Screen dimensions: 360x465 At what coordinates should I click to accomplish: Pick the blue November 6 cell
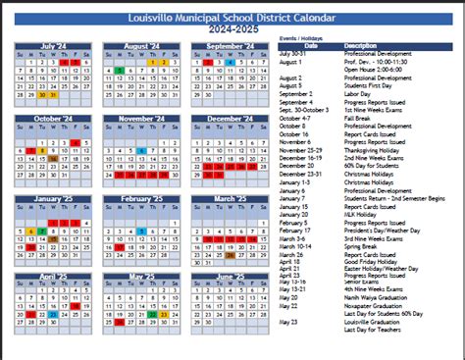[x=143, y=148]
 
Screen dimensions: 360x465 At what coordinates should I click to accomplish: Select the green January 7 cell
[x=42, y=231]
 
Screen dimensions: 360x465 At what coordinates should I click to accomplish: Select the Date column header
[x=310, y=45]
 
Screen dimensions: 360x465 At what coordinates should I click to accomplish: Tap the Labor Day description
[x=357, y=93]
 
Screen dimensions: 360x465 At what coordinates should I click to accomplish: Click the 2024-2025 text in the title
[x=232, y=28]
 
